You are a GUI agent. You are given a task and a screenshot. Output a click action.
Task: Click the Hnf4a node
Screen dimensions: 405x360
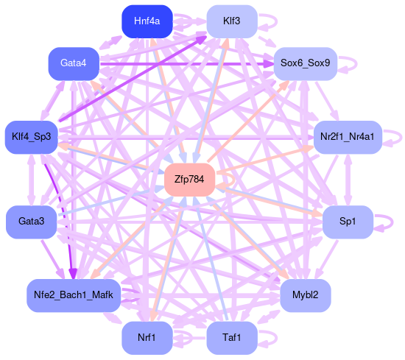click(x=147, y=21)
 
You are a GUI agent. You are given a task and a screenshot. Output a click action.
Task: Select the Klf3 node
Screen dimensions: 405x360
click(x=232, y=21)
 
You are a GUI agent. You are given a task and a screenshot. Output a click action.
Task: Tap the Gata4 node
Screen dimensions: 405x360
click(x=74, y=64)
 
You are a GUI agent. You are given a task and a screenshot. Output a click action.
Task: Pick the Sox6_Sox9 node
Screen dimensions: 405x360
click(x=306, y=64)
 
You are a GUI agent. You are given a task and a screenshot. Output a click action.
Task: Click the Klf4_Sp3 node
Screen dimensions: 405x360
click(x=31, y=137)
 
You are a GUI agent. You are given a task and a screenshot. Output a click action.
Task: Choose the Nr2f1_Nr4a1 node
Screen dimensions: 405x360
click(x=348, y=137)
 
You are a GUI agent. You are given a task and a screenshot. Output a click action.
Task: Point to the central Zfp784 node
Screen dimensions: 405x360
click(x=189, y=180)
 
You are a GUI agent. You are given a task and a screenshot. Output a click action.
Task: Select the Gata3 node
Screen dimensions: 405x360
click(x=31, y=222)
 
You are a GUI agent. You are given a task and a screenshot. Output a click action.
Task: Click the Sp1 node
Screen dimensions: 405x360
click(x=348, y=222)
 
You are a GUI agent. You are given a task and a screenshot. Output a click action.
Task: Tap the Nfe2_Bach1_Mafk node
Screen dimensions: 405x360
click(x=74, y=295)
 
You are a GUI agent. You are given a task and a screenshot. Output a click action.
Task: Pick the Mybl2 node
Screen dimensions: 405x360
click(x=306, y=295)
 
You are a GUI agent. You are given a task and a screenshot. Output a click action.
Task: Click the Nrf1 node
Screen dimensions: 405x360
click(x=147, y=338)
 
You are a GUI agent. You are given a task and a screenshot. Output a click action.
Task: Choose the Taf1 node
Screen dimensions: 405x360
click(x=232, y=338)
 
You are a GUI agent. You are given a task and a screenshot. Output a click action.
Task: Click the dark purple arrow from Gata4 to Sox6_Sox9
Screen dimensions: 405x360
click(x=186, y=64)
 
